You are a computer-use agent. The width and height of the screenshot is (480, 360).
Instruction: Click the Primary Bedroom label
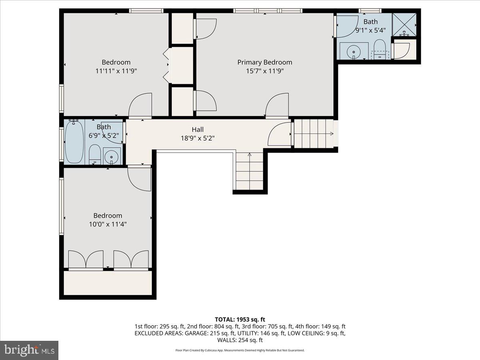pos(264,62)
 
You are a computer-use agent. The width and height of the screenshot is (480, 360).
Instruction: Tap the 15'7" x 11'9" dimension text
pos(264,71)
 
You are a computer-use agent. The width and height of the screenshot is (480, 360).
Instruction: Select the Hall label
pos(198,129)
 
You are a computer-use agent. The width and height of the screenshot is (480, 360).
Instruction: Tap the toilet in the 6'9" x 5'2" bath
pos(94,154)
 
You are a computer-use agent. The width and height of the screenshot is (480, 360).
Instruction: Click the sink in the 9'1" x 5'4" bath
pos(354,51)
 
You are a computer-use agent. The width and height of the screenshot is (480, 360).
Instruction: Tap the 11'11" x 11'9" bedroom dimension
pos(116,71)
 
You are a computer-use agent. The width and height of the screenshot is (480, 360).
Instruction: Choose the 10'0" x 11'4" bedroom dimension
pos(108,224)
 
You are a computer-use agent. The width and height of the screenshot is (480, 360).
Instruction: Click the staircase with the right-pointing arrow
pos(314,134)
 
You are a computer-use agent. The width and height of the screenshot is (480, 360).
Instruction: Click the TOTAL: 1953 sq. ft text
pos(240,319)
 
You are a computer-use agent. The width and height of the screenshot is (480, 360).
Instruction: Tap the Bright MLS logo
pos(29,350)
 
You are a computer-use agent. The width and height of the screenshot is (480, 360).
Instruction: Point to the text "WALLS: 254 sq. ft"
pos(240,340)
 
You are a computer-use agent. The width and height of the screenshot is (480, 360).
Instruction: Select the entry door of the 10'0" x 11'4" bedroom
pos(139,178)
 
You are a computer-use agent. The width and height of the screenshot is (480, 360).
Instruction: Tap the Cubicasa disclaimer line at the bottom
pos(240,350)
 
